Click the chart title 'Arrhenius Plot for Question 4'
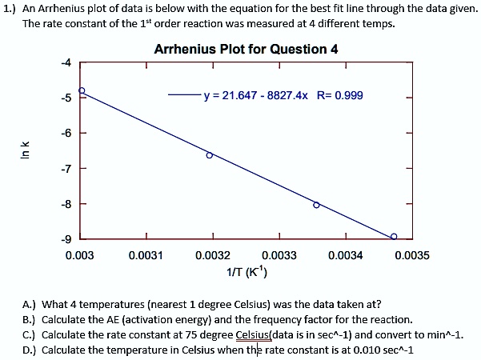pyautogui.click(x=246, y=49)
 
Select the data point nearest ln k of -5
pyautogui.click(x=81, y=90)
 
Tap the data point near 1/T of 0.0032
pyautogui.click(x=210, y=155)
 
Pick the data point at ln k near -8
pyautogui.click(x=316, y=205)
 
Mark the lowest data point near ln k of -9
pyautogui.click(x=394, y=236)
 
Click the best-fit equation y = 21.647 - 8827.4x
pyautogui.click(x=257, y=95)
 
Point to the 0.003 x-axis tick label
pyautogui.click(x=80, y=255)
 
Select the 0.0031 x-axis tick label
pyautogui.click(x=146, y=255)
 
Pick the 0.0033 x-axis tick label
pyautogui.click(x=279, y=255)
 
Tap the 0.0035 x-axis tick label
pyautogui.click(x=412, y=255)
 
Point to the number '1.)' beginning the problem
pyautogui.click(x=10, y=8)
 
